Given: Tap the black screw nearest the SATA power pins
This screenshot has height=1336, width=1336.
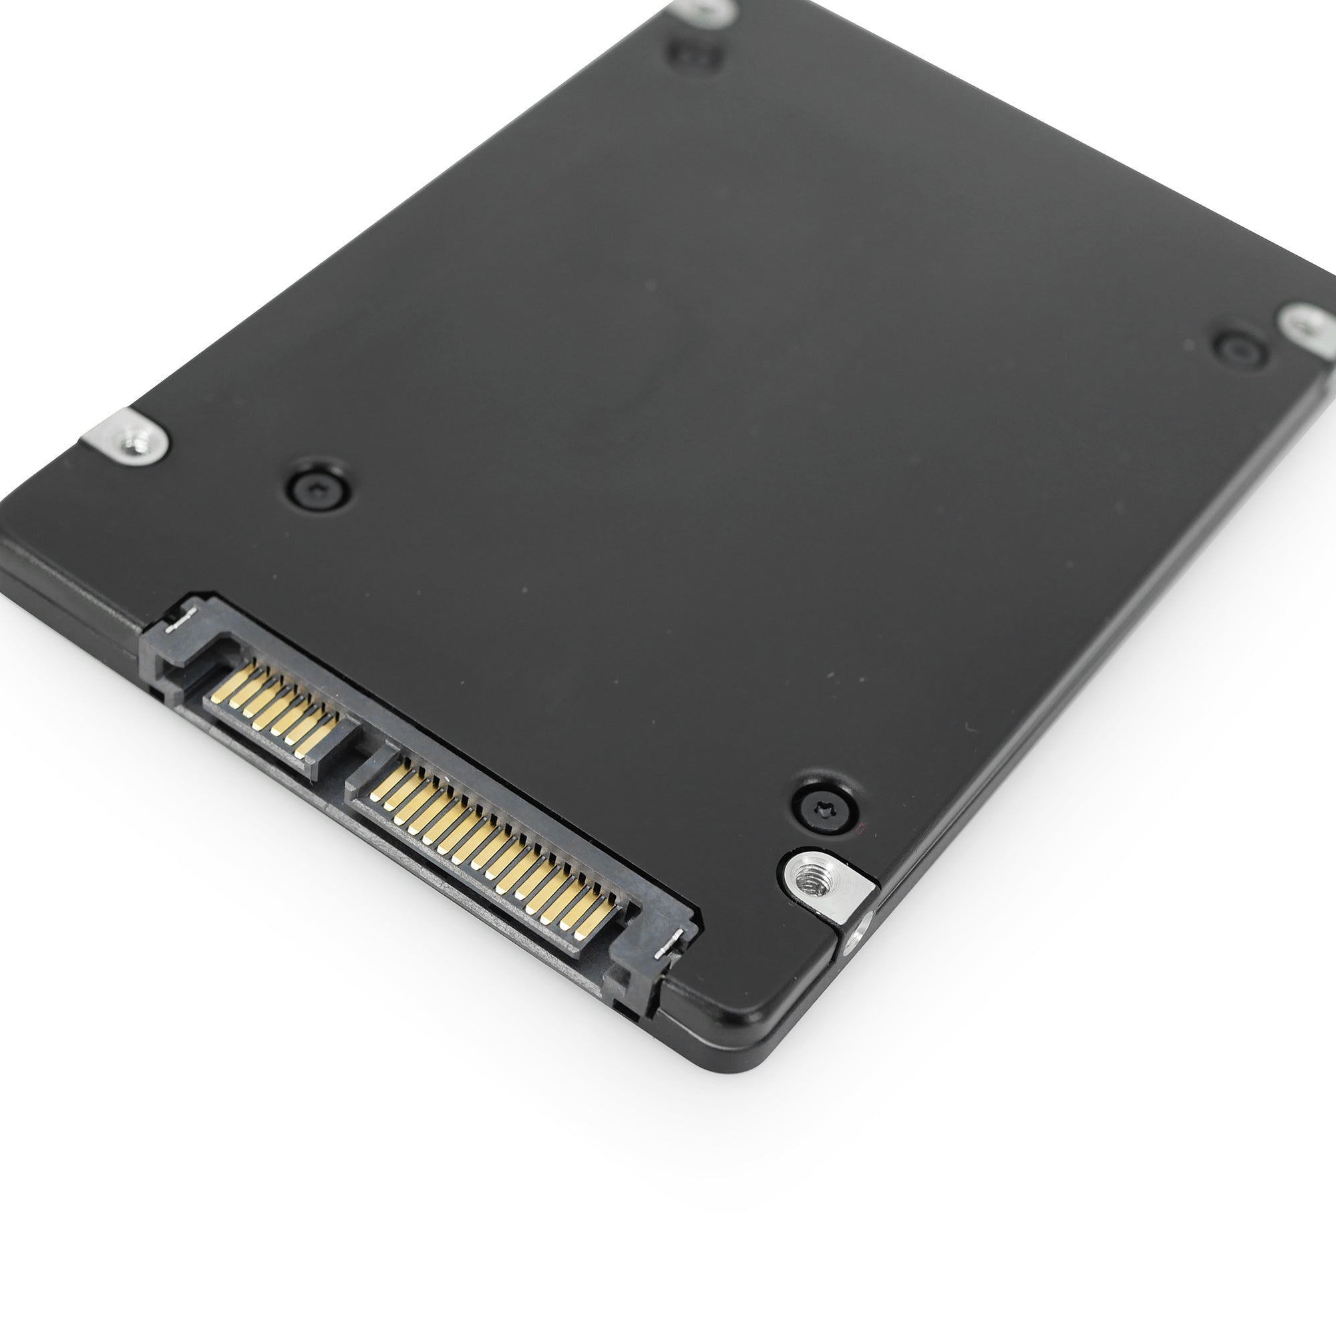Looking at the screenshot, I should tap(826, 806).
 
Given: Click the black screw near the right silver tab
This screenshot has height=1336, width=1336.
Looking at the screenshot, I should tap(1240, 349).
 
